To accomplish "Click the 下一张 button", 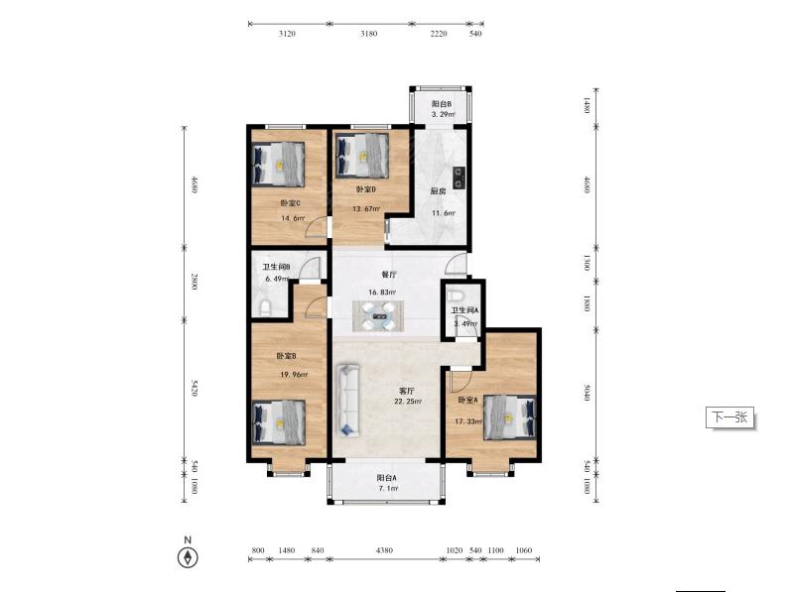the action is (x=729, y=416).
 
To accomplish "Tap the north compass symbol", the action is (x=188, y=557).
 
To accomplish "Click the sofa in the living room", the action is (x=348, y=400).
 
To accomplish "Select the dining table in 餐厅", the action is (x=378, y=316).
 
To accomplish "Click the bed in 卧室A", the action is (x=510, y=417).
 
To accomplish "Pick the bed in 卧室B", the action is (x=278, y=422).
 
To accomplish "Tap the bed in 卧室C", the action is (x=278, y=164).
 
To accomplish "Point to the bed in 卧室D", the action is (x=362, y=155).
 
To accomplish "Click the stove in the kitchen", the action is (x=459, y=178).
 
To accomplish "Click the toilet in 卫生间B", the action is (x=265, y=307).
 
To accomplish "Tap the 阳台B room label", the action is (x=442, y=104).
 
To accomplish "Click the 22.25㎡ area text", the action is (x=408, y=402).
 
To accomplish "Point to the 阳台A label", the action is (x=386, y=478).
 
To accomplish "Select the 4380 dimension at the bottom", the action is (x=384, y=550).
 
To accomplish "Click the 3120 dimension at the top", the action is (x=287, y=34).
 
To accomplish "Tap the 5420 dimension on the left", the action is (x=194, y=389).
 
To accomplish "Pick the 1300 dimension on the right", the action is (x=587, y=262).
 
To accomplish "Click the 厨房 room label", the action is (x=438, y=191).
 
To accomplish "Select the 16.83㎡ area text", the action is (x=382, y=292).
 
